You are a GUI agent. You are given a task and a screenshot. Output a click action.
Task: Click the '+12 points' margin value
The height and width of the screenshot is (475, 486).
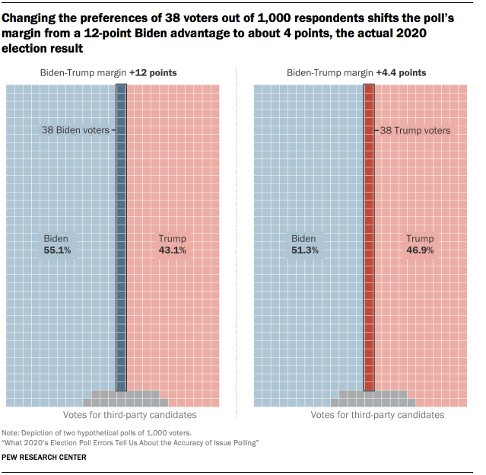[153, 73]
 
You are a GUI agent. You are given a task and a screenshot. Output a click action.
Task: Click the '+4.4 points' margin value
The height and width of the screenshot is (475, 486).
[400, 73]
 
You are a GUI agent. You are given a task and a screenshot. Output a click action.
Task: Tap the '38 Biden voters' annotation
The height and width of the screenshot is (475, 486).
[75, 130]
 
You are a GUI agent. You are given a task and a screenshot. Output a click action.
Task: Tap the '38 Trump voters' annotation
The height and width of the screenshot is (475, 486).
[415, 130]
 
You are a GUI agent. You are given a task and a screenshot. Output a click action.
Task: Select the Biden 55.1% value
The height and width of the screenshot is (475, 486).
[56, 250]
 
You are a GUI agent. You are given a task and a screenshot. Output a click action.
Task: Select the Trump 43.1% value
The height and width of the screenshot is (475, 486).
[173, 250]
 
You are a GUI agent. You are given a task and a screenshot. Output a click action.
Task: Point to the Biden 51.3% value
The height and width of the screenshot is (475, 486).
[303, 250]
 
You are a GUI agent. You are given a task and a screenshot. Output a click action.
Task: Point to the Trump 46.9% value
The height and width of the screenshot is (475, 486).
[420, 250]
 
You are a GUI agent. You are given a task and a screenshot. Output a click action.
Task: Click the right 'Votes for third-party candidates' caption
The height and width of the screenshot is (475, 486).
[377, 416]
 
